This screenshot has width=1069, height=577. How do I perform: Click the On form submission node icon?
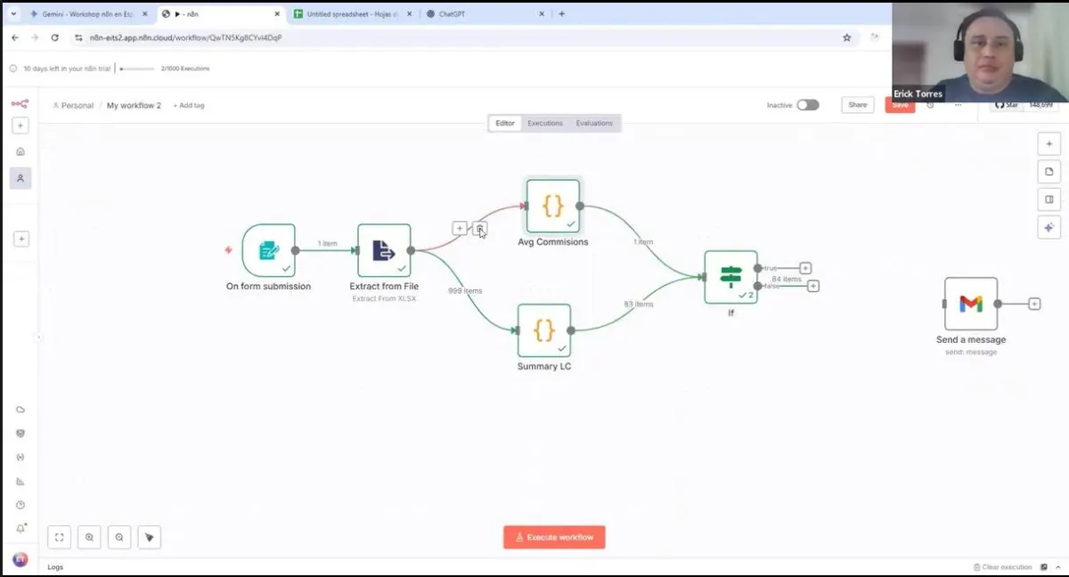268,250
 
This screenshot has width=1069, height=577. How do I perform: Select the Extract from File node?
384,250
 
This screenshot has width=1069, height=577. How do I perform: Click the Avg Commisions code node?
552,206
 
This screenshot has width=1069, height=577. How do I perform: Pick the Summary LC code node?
543,330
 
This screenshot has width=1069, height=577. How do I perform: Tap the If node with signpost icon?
730,277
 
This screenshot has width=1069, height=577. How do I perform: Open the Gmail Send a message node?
971,304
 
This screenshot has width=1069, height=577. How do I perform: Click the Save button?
900,105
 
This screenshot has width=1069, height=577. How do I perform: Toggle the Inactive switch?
807,105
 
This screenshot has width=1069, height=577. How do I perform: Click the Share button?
857,105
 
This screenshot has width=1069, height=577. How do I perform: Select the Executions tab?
545,123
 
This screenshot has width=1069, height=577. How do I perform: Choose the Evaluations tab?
594,123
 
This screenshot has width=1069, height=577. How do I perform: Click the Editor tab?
505,123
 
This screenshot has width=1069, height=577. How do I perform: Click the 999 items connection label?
465,291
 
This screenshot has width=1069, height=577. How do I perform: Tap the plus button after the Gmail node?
1034,304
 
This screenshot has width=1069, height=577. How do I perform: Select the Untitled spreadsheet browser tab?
352,14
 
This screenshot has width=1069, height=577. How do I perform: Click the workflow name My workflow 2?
134,105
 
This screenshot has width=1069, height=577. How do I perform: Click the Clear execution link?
1007,567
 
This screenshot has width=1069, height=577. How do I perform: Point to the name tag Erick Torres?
918,93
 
